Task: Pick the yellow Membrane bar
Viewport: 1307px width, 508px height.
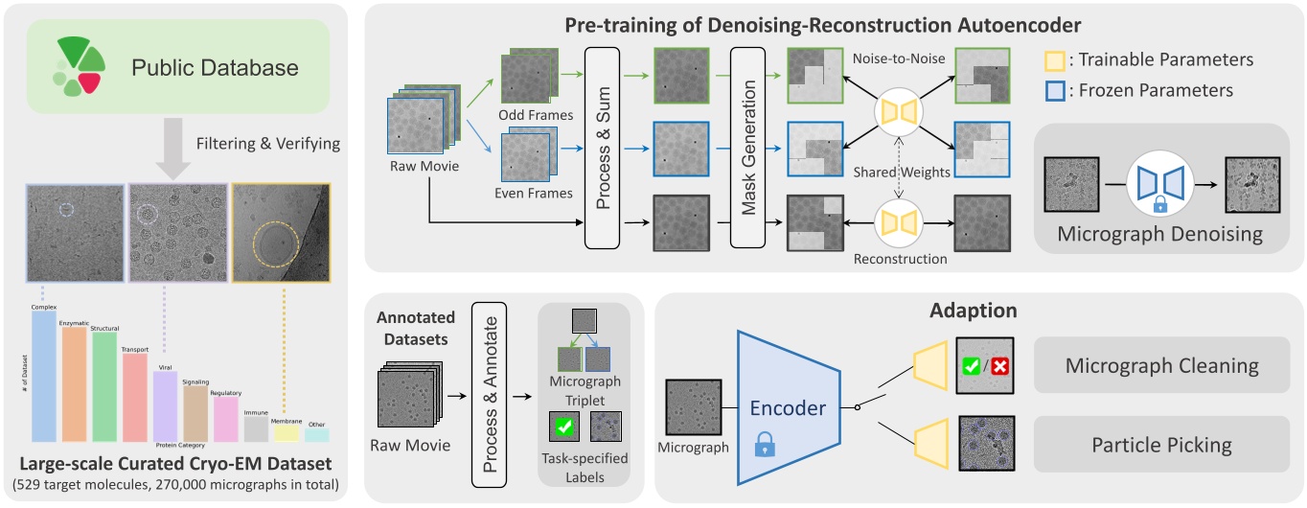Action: click(285, 434)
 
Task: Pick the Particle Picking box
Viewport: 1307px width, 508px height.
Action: click(1160, 445)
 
